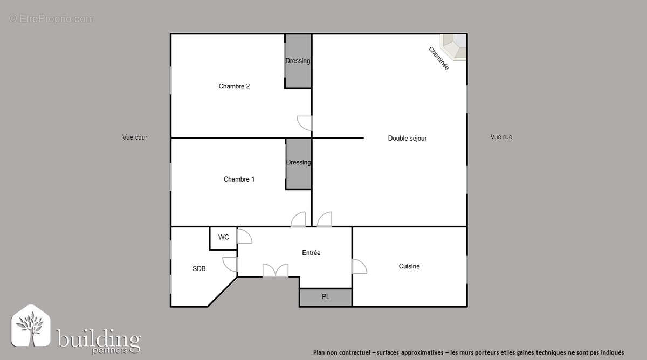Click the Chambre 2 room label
coord(234,86)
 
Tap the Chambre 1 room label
coord(239,179)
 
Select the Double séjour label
coord(407,139)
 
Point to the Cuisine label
coord(409,266)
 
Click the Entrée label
coord(311,253)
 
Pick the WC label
coord(223,237)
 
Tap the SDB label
coord(199,268)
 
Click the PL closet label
coord(326,296)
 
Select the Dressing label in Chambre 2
coord(298,61)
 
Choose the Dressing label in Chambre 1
coord(298,162)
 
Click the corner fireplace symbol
coord(454,46)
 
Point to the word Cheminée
coord(438,58)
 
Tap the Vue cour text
coord(135,137)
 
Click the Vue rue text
coord(501,137)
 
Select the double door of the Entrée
coord(275,270)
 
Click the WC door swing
coord(244,236)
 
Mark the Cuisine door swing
coord(359,266)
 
